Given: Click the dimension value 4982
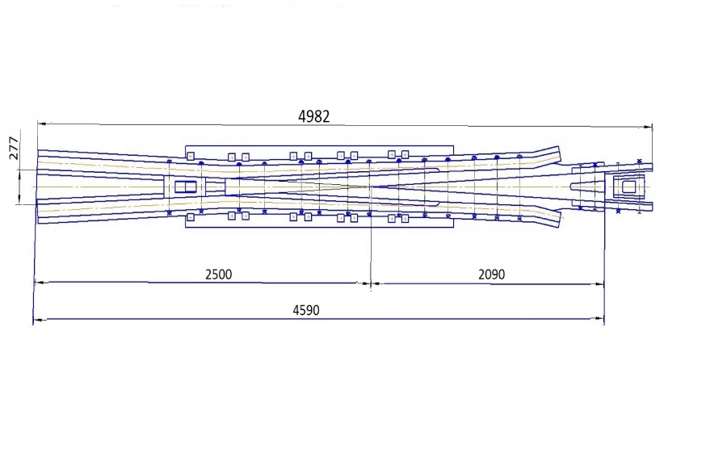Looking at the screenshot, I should click(x=314, y=116).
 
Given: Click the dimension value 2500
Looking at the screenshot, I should click(x=218, y=274).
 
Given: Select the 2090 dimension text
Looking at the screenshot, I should click(x=491, y=274).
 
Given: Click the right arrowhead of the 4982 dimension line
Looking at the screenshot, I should click(x=648, y=126).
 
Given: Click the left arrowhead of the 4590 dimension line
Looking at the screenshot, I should click(x=38, y=319).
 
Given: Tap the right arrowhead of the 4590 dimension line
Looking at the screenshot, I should click(x=600, y=318).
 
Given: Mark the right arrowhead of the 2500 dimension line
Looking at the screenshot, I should click(x=365, y=283).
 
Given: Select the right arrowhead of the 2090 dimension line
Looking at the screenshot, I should click(x=600, y=284).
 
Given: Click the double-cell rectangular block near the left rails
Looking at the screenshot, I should click(x=186, y=187).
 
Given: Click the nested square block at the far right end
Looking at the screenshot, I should click(x=628, y=187).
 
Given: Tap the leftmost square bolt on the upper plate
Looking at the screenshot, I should click(x=191, y=157).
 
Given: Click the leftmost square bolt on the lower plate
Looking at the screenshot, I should click(x=191, y=216).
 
